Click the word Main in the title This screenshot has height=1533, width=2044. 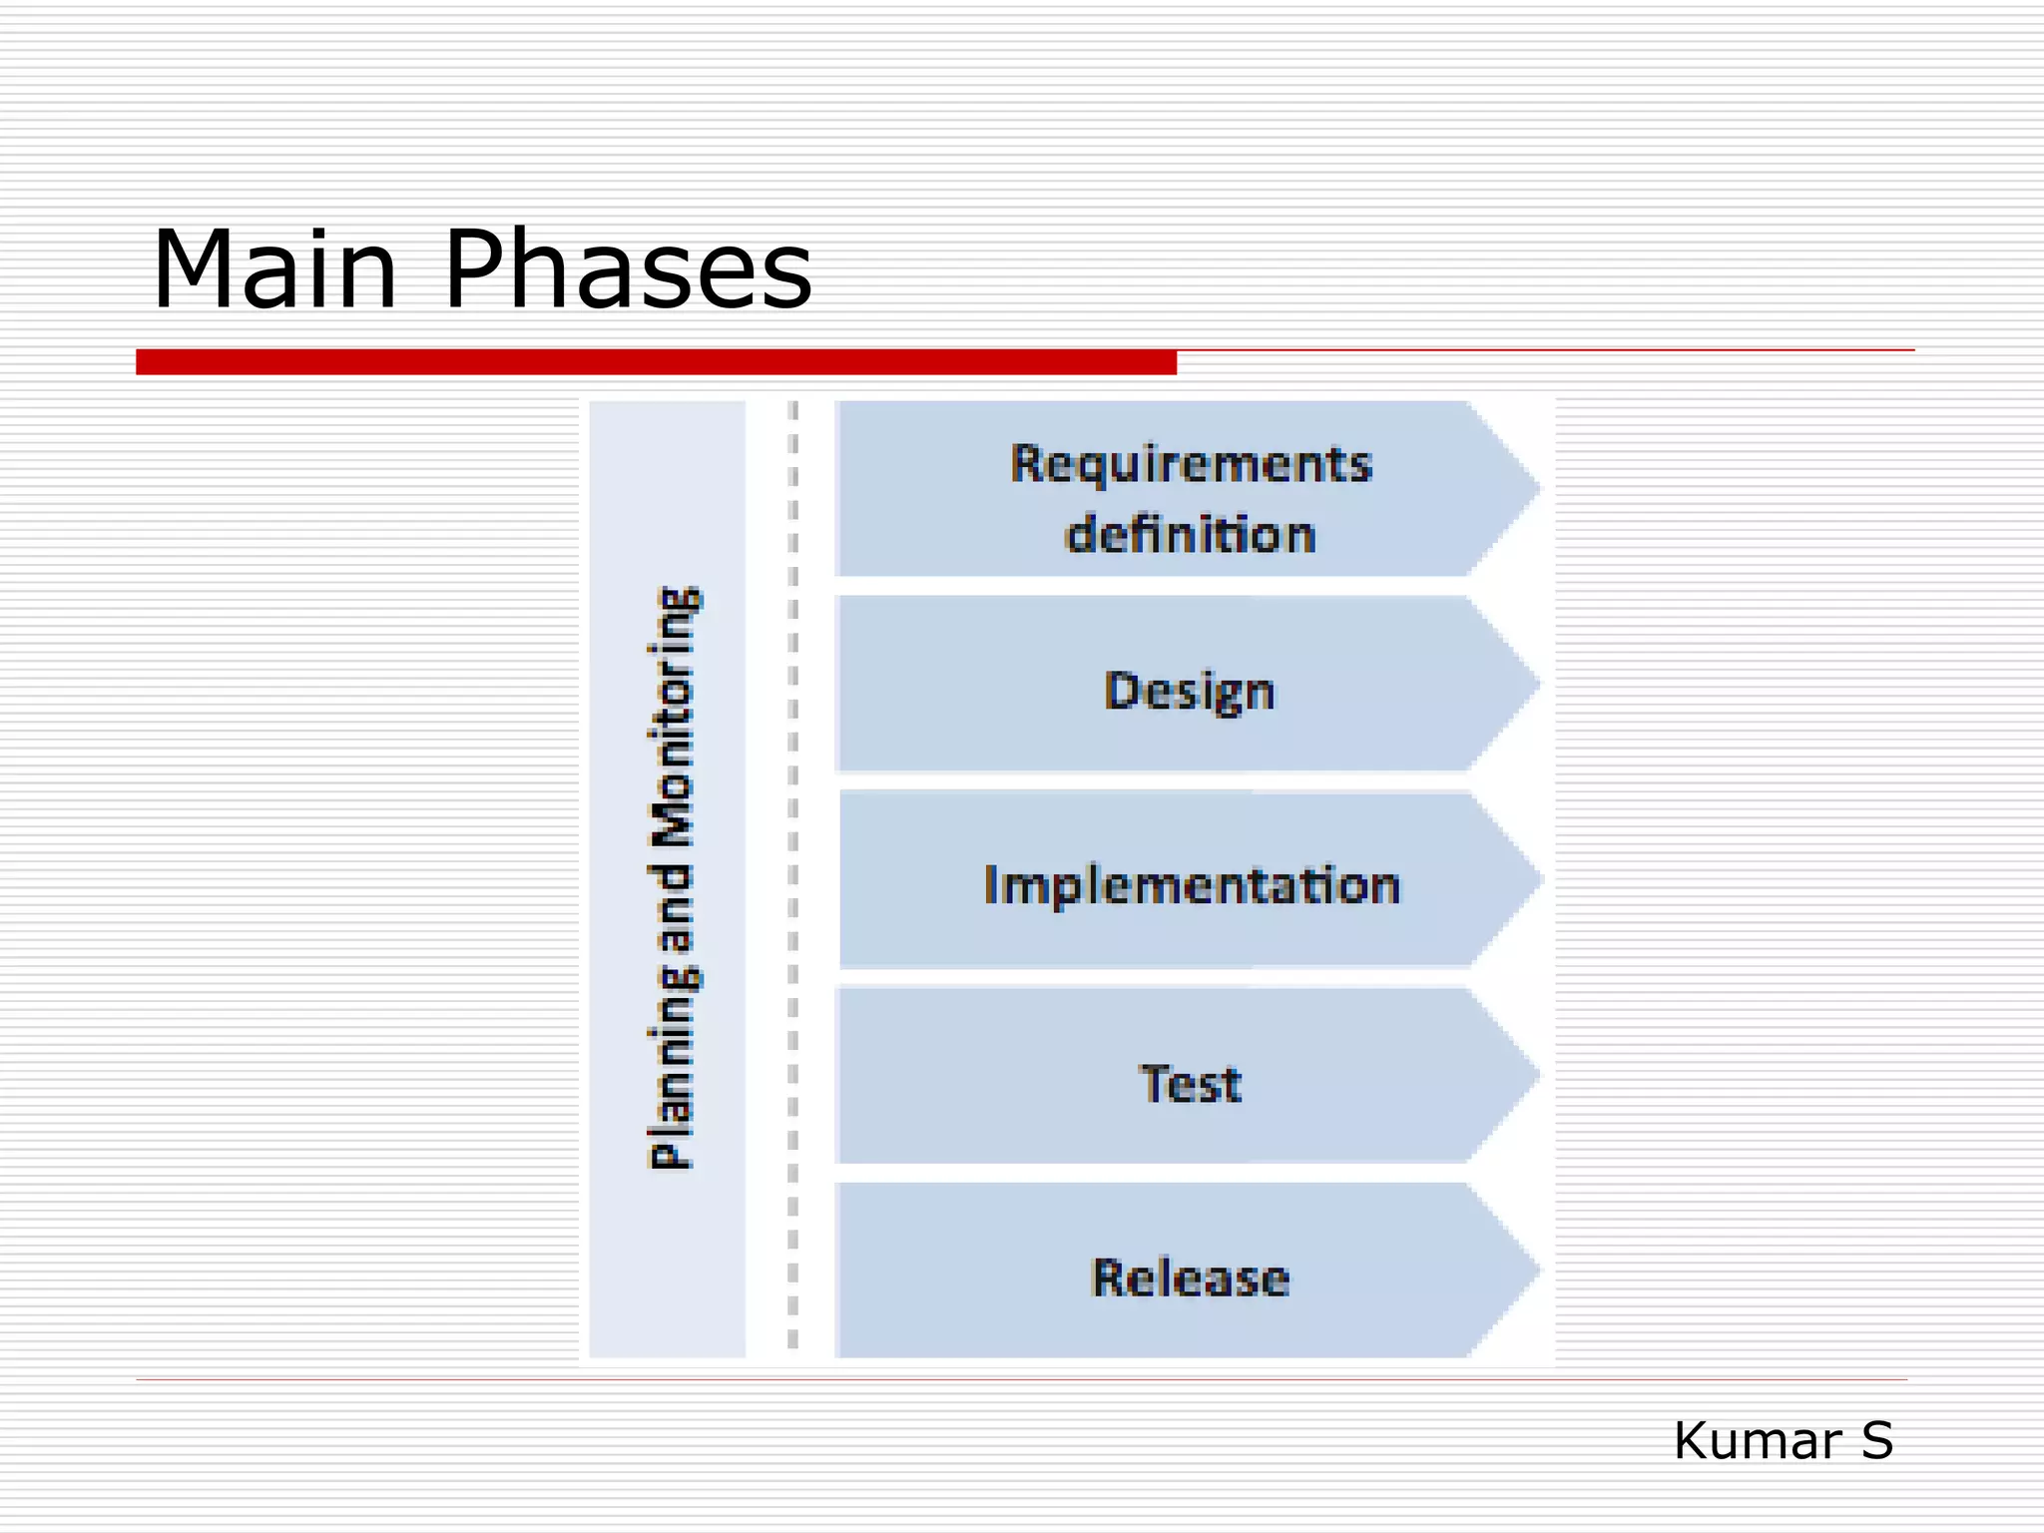(274, 269)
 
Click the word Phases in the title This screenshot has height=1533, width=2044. (628, 269)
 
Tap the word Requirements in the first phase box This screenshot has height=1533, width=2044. (1191, 464)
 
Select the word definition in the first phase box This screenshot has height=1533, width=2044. (1191, 534)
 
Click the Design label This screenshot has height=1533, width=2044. (1190, 691)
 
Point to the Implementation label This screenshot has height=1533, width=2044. (1192, 885)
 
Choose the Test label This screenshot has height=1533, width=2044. (1191, 1084)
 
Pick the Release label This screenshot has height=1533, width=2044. (1191, 1278)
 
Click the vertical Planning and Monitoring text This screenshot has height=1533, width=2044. (675, 878)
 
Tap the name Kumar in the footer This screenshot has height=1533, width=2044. (1758, 1441)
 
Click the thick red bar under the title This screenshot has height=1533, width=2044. (656, 362)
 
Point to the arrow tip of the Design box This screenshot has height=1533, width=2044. (1522, 685)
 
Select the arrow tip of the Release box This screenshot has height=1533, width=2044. (1522, 1271)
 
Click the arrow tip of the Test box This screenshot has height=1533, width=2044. (1522, 1075)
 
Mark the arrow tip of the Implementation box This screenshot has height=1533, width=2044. (1525, 880)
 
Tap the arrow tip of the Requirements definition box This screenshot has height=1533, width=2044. (1522, 488)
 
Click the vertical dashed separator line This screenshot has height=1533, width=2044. (793, 878)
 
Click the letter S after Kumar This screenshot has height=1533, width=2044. (1876, 1441)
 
